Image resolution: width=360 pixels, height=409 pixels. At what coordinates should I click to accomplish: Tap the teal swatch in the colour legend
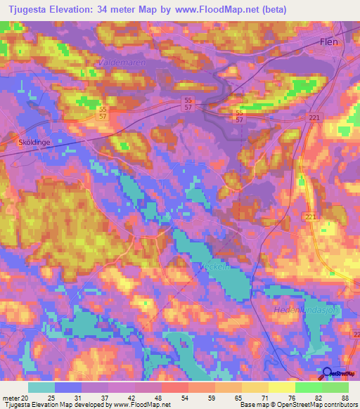tap(41, 387)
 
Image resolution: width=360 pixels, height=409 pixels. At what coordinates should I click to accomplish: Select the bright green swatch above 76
tap(309, 387)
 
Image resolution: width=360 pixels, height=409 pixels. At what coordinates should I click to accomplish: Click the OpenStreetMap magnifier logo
tap(327, 373)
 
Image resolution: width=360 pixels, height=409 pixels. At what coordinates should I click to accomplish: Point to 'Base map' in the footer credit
tap(255, 404)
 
